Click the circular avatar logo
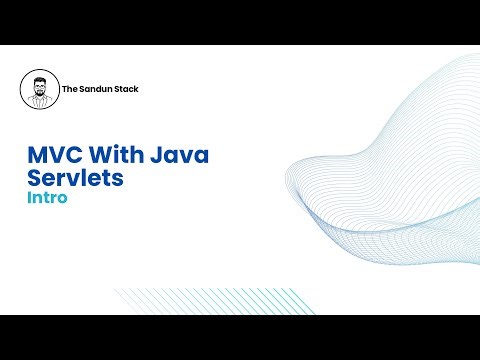[39, 90]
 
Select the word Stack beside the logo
[127, 90]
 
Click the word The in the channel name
[70, 90]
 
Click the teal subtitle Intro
[47, 198]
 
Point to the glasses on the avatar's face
[39, 86]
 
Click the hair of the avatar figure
[39, 79]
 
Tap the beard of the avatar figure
[39, 93]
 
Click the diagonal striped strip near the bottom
[190, 300]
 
